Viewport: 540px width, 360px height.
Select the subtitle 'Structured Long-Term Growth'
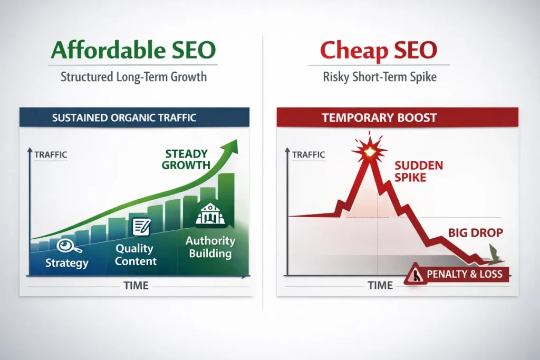point(133,76)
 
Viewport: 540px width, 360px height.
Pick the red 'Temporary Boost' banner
point(379,118)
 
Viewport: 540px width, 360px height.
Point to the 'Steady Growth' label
point(187,160)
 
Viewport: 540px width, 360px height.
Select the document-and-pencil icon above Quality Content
point(141,227)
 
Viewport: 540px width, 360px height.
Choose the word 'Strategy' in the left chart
point(67,262)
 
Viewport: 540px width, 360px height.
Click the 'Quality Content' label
point(135,255)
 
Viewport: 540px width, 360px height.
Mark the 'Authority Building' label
point(210,247)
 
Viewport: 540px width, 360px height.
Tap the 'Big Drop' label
point(467,232)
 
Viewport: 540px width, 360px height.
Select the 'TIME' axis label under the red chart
point(380,285)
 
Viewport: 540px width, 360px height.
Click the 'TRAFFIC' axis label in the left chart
point(50,155)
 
